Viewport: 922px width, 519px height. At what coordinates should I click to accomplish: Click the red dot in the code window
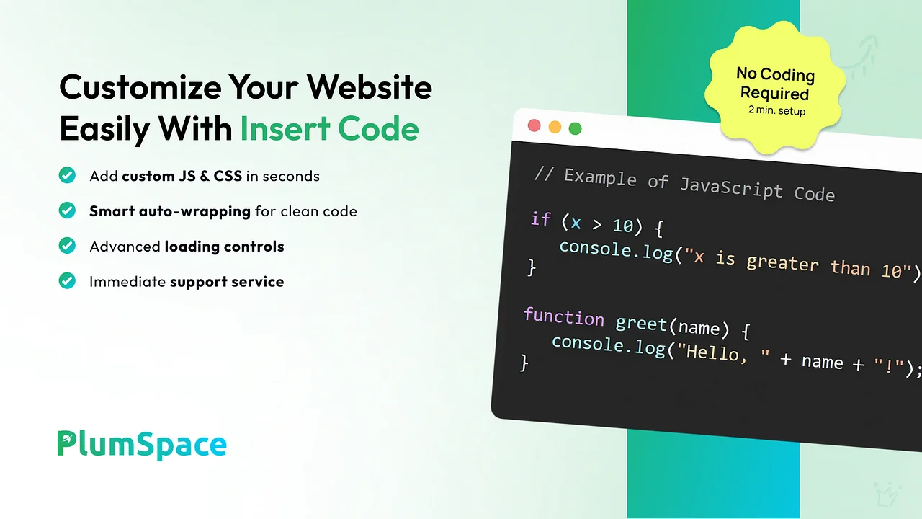[x=534, y=125]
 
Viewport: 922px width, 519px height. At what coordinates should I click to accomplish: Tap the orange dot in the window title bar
[x=555, y=127]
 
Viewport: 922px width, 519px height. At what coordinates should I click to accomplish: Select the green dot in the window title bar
[x=575, y=128]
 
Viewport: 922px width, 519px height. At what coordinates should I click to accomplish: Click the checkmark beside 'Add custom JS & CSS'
[x=67, y=175]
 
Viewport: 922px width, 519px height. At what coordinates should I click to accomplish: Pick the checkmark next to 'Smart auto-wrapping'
[x=67, y=210]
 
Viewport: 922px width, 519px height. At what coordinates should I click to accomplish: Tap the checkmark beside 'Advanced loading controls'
[x=67, y=246]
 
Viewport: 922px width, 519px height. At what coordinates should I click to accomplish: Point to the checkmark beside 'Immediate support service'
[x=67, y=281]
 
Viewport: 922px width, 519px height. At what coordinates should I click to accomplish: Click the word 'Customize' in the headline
[x=140, y=87]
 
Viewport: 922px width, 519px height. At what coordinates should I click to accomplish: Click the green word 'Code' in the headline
[x=378, y=128]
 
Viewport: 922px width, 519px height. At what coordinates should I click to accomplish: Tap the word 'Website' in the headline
[x=370, y=86]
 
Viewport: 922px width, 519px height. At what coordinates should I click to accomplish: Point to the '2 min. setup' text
[x=776, y=110]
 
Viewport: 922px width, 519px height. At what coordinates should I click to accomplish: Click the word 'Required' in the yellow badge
[x=774, y=93]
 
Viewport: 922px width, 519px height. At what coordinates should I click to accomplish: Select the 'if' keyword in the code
[x=541, y=218]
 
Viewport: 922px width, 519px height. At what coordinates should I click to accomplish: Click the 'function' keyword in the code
[x=564, y=316]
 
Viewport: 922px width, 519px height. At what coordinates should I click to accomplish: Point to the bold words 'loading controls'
[x=224, y=247]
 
